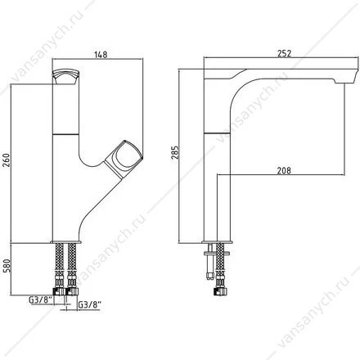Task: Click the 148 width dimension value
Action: point(101,54)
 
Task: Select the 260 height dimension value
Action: point(7,160)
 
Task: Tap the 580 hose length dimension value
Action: point(7,266)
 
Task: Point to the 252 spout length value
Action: point(284,54)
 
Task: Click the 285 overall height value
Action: point(175,153)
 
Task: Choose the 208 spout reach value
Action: point(284,171)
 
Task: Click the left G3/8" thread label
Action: point(40,299)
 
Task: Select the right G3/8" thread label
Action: point(90,305)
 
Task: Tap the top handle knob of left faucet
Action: point(65,77)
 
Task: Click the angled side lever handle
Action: point(124,160)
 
